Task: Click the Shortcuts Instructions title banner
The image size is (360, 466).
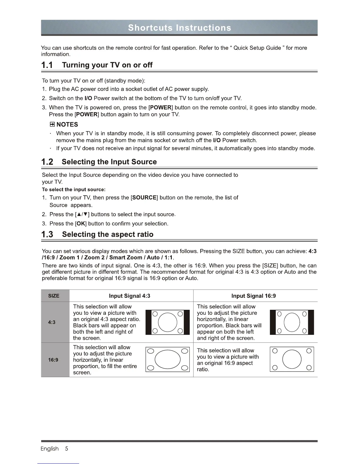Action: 179,28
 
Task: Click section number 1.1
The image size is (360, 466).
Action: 47,65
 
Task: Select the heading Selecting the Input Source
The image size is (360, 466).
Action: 109,162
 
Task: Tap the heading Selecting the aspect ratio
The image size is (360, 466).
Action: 108,234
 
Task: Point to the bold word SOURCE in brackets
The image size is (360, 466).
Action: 144,198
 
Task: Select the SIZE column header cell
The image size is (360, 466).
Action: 54,296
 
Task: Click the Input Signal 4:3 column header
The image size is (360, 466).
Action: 129,296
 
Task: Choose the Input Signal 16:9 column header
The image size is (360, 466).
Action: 254,296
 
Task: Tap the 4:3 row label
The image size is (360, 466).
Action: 52,322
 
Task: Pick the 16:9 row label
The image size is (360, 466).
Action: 53,360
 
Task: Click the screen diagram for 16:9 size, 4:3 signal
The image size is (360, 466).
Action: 168,360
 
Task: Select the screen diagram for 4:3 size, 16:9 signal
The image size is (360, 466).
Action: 292,322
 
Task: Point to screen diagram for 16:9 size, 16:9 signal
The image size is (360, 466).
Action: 292,360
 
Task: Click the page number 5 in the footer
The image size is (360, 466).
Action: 67,449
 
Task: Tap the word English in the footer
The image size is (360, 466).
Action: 49,449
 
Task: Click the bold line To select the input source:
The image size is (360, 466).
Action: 74,189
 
